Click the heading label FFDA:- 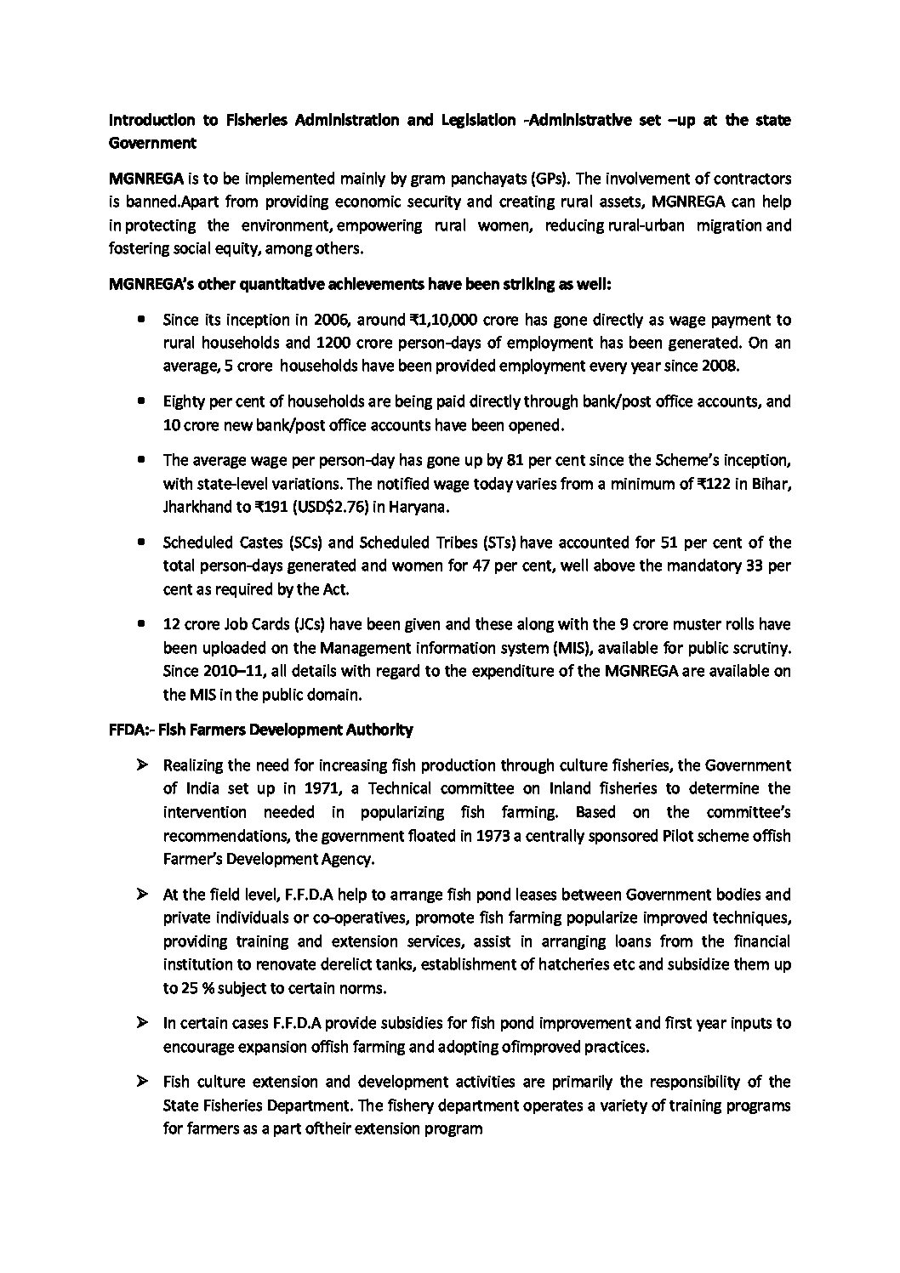(132, 730)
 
